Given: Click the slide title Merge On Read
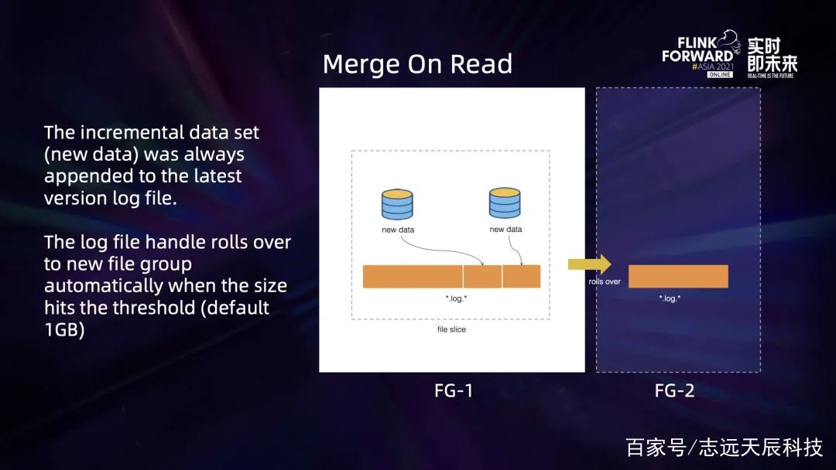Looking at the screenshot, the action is tap(417, 64).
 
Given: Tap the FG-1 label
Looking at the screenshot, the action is tap(454, 390).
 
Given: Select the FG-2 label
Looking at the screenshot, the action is tap(674, 390).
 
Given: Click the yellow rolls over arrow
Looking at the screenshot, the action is tap(590, 264).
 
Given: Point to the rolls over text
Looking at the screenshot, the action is tap(605, 281).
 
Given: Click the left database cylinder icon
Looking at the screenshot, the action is tap(397, 204).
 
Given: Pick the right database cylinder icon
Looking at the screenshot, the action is tap(505, 203).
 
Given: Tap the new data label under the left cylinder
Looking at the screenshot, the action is tap(398, 230).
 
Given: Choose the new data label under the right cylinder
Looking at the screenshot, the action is tap(506, 230).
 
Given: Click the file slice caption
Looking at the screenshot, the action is tap(451, 329).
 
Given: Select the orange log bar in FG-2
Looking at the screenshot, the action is tap(678, 276).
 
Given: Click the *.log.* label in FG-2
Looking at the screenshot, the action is tap(670, 298).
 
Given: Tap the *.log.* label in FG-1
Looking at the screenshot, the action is tap(457, 298).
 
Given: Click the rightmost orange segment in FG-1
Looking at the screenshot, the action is tap(522, 276).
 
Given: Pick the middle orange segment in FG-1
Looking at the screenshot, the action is tap(482, 276).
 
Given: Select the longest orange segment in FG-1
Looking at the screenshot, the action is tap(413, 276).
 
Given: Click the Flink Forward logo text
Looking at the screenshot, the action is tap(698, 49).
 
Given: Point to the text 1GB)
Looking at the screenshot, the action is tap(64, 330).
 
